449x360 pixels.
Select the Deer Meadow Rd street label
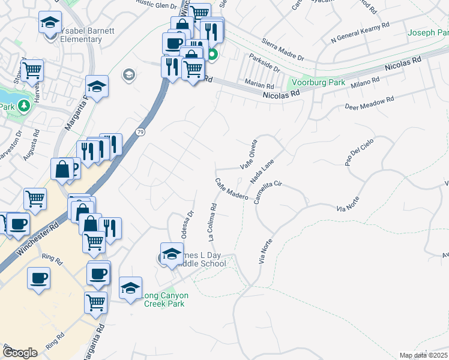click(369, 103)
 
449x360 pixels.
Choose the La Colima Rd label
click(212, 223)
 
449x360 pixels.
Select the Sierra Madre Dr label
click(283, 51)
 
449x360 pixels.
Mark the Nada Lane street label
click(262, 171)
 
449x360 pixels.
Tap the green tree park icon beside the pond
click(23, 107)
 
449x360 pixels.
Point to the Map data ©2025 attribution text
click(423, 355)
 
